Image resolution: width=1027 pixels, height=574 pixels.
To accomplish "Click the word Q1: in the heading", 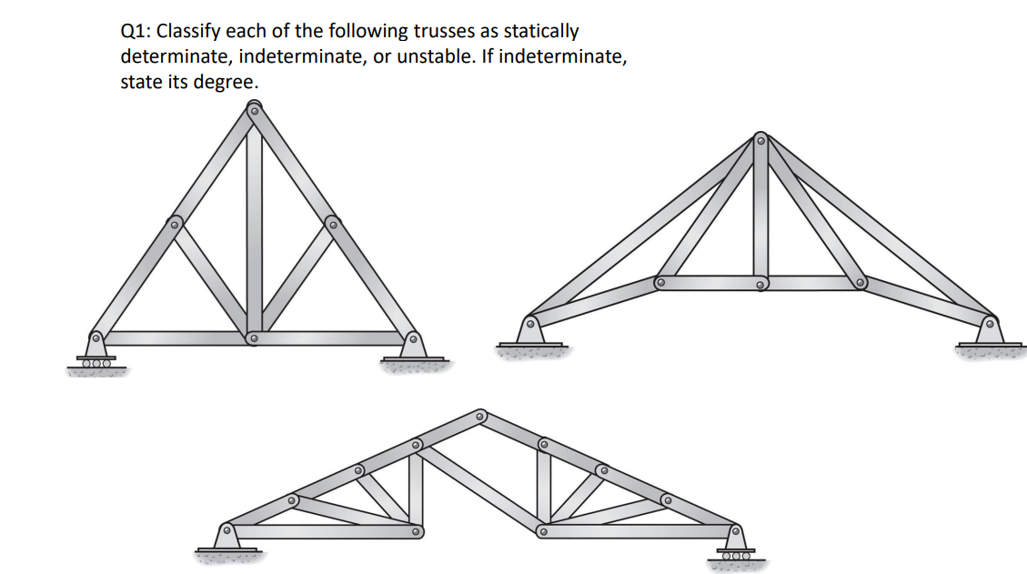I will pyautogui.click(x=136, y=31).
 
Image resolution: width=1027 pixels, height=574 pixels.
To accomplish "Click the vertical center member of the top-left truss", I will pyautogui.click(x=254, y=227).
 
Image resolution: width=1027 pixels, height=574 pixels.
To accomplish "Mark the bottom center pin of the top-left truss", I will pyautogui.click(x=254, y=338).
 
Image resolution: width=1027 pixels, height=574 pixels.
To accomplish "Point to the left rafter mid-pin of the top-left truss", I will pyautogui.click(x=176, y=222).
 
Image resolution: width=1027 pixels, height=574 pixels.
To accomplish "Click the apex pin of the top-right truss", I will pyautogui.click(x=760, y=140).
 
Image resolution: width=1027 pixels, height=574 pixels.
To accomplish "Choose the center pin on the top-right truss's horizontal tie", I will pyautogui.click(x=760, y=283).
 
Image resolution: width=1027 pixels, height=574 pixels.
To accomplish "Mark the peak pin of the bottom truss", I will pyautogui.click(x=479, y=415).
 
